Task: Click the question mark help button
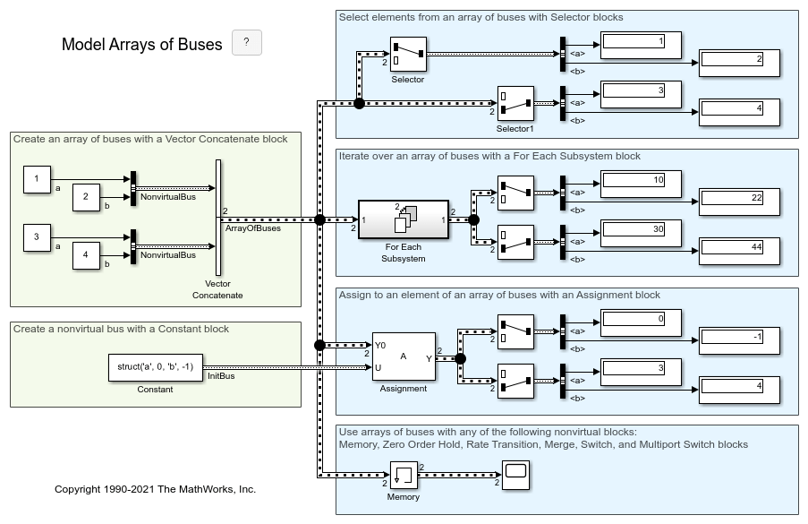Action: [x=246, y=42]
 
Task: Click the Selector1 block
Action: [x=515, y=103]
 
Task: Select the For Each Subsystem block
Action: [x=404, y=219]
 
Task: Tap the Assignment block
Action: [x=404, y=357]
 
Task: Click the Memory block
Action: [x=404, y=474]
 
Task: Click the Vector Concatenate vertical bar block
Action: [x=217, y=218]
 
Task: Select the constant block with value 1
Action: [x=37, y=178]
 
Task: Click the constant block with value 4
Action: [x=86, y=254]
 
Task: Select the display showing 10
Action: [x=640, y=180]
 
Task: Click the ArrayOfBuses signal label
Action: [x=252, y=228]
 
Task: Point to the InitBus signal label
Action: [x=221, y=376]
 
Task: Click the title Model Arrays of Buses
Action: [x=141, y=44]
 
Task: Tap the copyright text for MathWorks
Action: [x=155, y=489]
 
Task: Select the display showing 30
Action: [x=640, y=229]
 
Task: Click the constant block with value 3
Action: [x=37, y=237]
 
